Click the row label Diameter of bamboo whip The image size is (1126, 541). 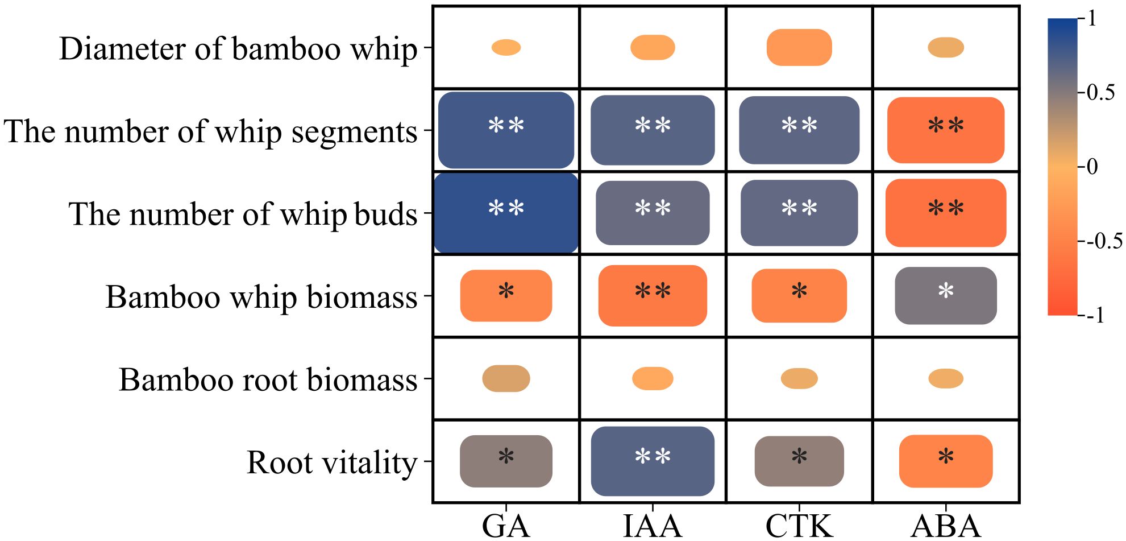(x=238, y=48)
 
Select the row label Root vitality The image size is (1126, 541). (x=332, y=462)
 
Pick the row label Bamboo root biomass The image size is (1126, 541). (x=268, y=379)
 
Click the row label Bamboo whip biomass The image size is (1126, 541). (x=261, y=296)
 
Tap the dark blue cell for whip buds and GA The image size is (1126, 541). (x=506, y=213)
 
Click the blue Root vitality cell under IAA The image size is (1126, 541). (x=653, y=461)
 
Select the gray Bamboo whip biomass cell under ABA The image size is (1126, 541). (x=946, y=296)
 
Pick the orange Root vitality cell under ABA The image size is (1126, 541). (x=946, y=461)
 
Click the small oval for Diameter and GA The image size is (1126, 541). (x=506, y=47)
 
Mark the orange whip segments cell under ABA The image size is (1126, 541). (x=946, y=130)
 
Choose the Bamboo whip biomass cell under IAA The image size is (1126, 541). (x=653, y=296)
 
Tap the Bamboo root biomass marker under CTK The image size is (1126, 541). (x=799, y=378)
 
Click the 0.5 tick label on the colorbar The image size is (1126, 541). (x=1100, y=93)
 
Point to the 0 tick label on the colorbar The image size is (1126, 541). (x=1092, y=167)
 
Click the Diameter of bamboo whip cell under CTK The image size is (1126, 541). (x=799, y=47)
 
